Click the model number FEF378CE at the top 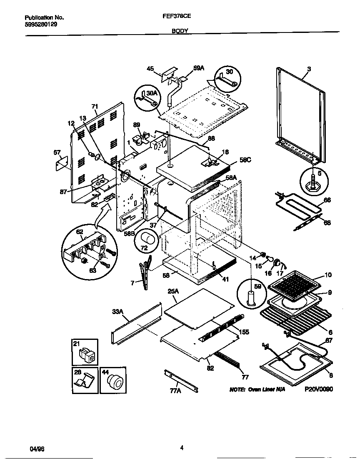tap(180, 18)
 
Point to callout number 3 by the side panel tap(309, 68)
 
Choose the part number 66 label tap(327, 200)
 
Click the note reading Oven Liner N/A tap(257, 389)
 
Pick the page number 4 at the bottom tap(182, 448)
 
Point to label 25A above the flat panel tap(173, 292)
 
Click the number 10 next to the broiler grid tap(328, 275)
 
